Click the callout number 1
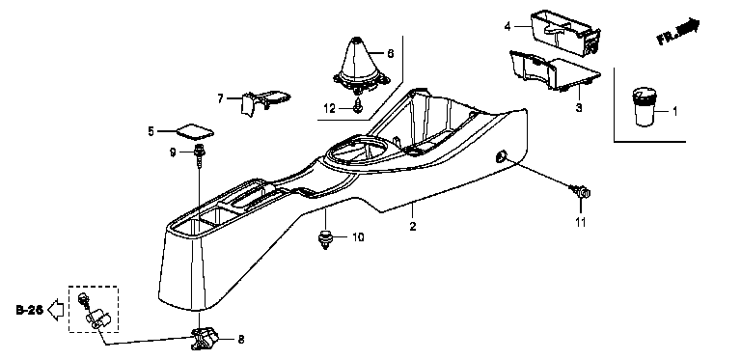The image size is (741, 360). (x=674, y=112)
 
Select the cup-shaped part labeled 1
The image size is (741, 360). (x=645, y=107)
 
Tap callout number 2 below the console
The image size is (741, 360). (x=413, y=226)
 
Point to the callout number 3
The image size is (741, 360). (x=579, y=108)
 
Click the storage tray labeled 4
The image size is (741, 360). (x=565, y=34)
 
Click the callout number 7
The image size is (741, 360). (x=220, y=98)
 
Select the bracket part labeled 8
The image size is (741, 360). (x=206, y=339)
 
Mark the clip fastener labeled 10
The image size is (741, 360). (x=325, y=239)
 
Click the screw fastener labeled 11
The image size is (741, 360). (x=581, y=192)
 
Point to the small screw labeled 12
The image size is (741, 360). (x=358, y=106)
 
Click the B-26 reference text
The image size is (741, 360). (x=30, y=310)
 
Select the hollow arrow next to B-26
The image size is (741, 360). (x=56, y=310)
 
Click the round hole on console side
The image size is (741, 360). (x=500, y=156)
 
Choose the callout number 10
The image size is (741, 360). (x=358, y=237)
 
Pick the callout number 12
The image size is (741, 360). (x=329, y=109)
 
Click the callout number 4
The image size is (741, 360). (x=508, y=26)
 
